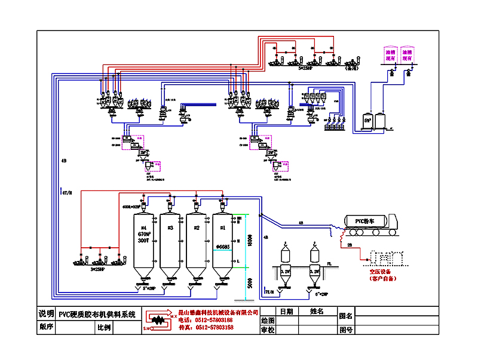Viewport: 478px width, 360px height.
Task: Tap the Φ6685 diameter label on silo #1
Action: (223, 247)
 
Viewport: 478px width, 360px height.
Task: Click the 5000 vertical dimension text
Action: (250, 284)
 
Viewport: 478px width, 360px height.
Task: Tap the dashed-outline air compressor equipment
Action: (388, 257)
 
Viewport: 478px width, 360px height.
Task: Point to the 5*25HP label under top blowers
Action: (308, 69)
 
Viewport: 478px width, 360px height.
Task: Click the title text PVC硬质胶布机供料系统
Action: (97, 314)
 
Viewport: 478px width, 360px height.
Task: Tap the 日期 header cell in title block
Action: (286, 312)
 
